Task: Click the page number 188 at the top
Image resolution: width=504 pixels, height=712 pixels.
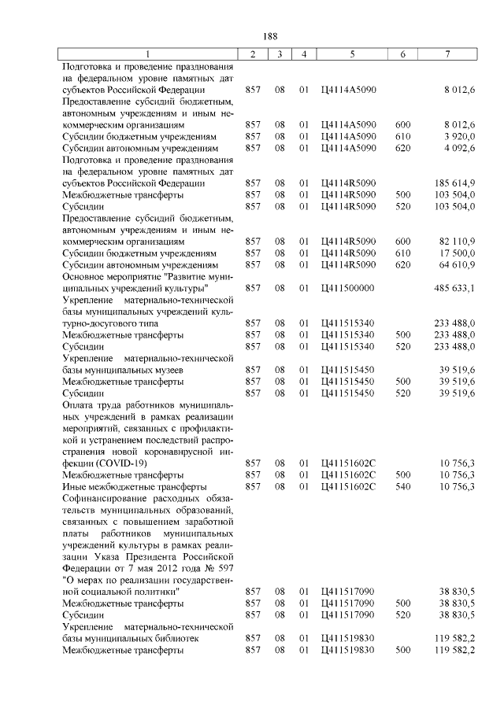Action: tap(269, 36)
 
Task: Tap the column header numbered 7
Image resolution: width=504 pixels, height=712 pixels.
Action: tap(447, 53)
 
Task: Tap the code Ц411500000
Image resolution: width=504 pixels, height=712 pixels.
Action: tap(348, 288)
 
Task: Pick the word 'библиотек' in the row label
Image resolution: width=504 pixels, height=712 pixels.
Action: tap(177, 640)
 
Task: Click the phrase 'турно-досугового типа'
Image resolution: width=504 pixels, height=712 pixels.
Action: tap(110, 323)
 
